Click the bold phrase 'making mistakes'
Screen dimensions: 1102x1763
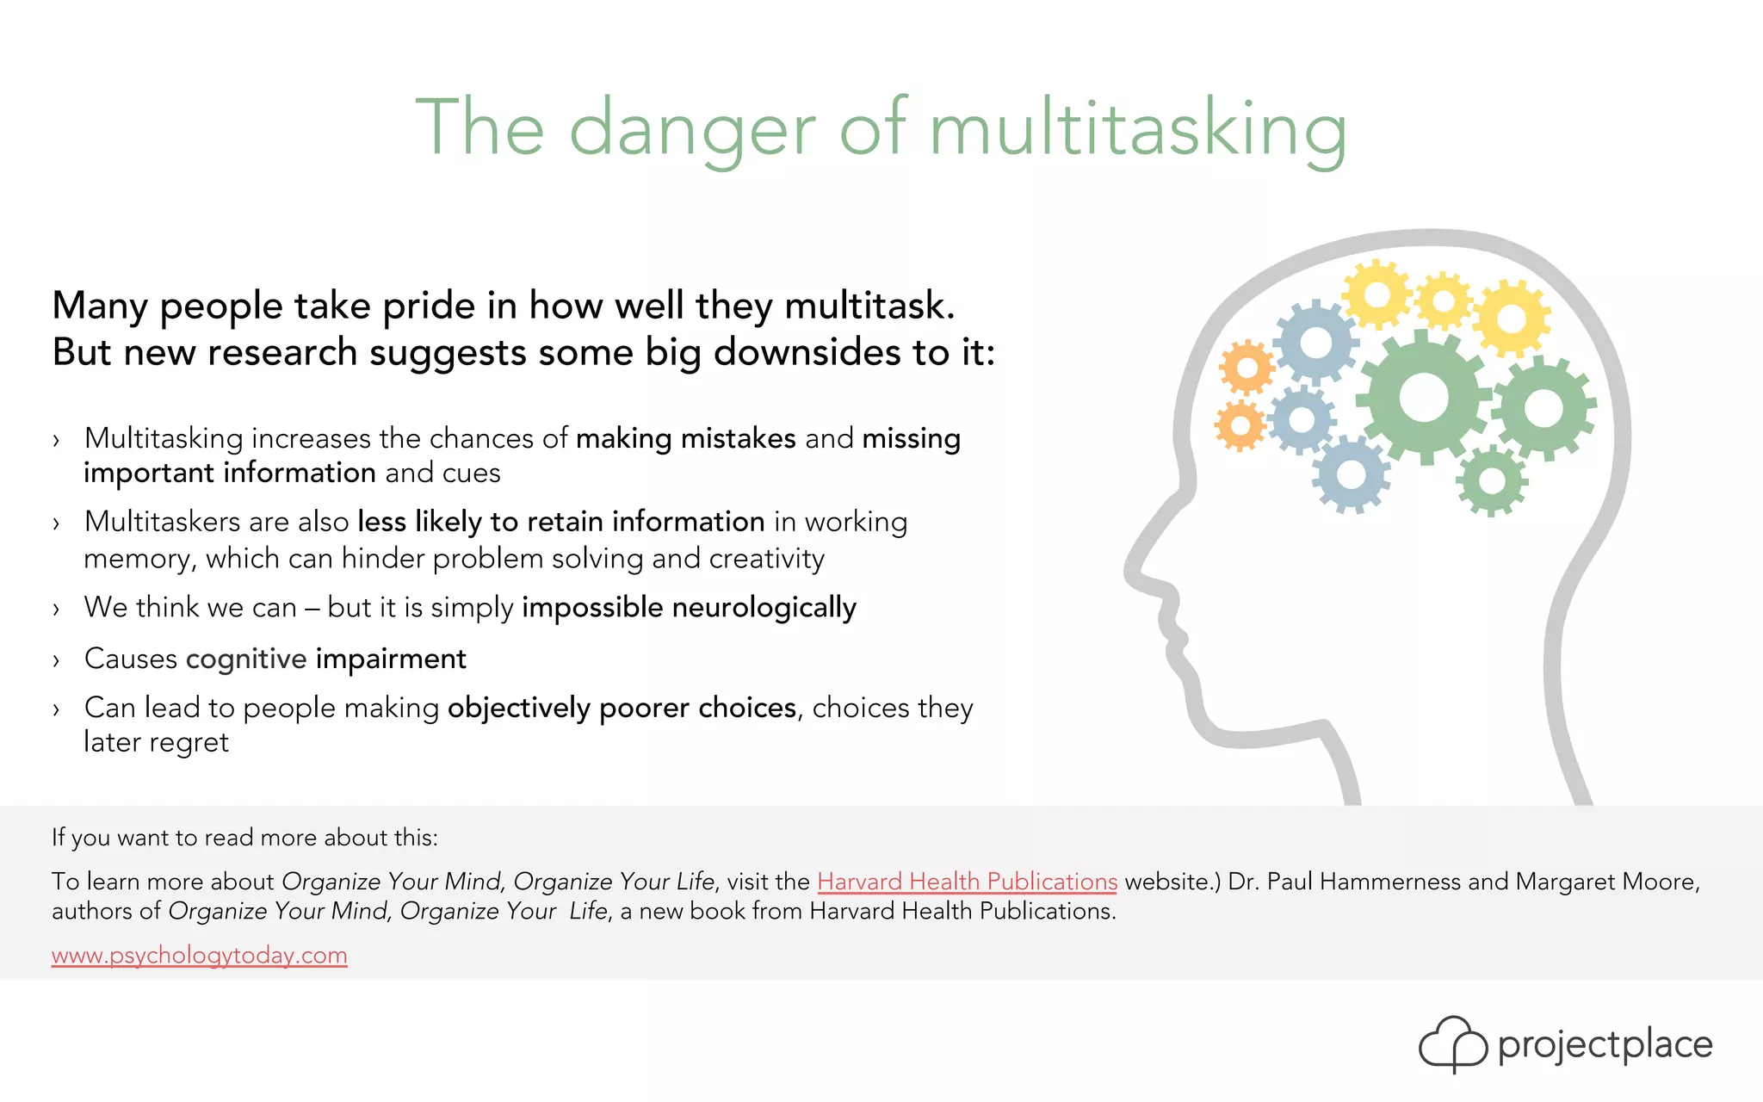(x=685, y=438)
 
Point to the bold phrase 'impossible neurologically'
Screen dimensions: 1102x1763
(x=689, y=608)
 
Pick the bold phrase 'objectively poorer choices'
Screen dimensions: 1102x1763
(x=622, y=708)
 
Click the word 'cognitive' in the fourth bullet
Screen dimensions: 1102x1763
(x=246, y=659)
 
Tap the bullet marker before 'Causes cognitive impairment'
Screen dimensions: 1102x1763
(x=57, y=661)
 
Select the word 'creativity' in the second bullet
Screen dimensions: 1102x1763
(x=767, y=559)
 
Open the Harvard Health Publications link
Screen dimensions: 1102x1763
(x=967, y=882)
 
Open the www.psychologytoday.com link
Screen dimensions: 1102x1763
(x=199, y=956)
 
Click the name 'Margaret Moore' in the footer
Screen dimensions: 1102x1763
(x=1606, y=882)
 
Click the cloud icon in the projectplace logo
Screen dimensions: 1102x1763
(x=1452, y=1044)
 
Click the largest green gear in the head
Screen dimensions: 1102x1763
(x=1425, y=397)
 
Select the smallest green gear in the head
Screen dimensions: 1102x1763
(x=1491, y=480)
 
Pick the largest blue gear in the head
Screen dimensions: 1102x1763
(x=1315, y=344)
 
